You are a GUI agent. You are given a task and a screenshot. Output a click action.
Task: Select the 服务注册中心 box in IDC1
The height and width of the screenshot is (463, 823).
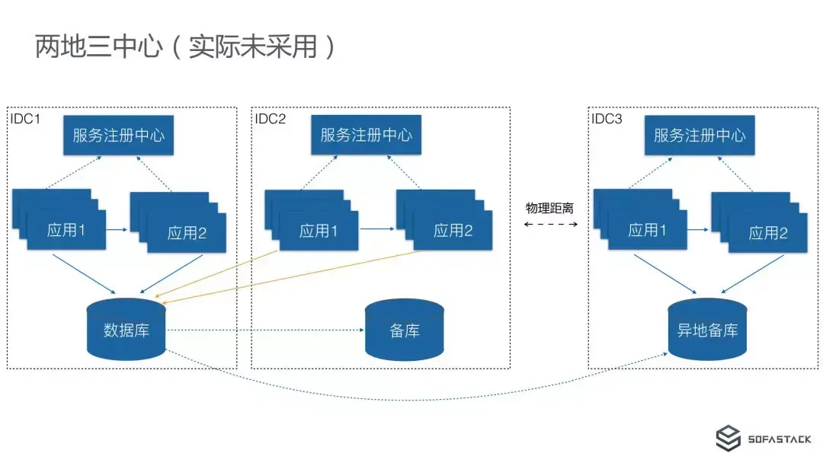[118, 136]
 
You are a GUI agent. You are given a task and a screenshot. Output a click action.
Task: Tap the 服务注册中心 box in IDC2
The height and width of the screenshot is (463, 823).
[366, 135]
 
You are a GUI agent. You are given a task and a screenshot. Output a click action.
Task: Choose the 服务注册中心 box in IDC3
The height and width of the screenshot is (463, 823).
[699, 136]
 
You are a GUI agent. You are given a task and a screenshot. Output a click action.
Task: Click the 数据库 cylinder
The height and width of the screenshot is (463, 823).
[126, 330]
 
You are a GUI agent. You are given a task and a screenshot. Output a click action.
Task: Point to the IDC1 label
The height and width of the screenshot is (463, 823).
[25, 118]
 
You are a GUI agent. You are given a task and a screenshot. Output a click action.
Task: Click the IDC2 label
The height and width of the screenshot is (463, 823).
[271, 118]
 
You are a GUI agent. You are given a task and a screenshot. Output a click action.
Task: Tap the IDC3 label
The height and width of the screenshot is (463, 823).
[607, 118]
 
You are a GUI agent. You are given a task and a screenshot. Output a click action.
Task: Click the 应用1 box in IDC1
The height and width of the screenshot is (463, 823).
[66, 230]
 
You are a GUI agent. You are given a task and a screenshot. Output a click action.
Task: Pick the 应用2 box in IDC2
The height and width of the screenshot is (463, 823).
[453, 230]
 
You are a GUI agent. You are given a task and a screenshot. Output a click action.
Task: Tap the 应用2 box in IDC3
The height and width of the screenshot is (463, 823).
[767, 232]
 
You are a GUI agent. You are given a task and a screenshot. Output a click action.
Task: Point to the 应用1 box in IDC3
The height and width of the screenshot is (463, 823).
[647, 230]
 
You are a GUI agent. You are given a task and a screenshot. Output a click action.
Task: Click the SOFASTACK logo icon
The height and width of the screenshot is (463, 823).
[729, 439]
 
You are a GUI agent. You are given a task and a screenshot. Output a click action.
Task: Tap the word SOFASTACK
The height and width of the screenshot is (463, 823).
[779, 440]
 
